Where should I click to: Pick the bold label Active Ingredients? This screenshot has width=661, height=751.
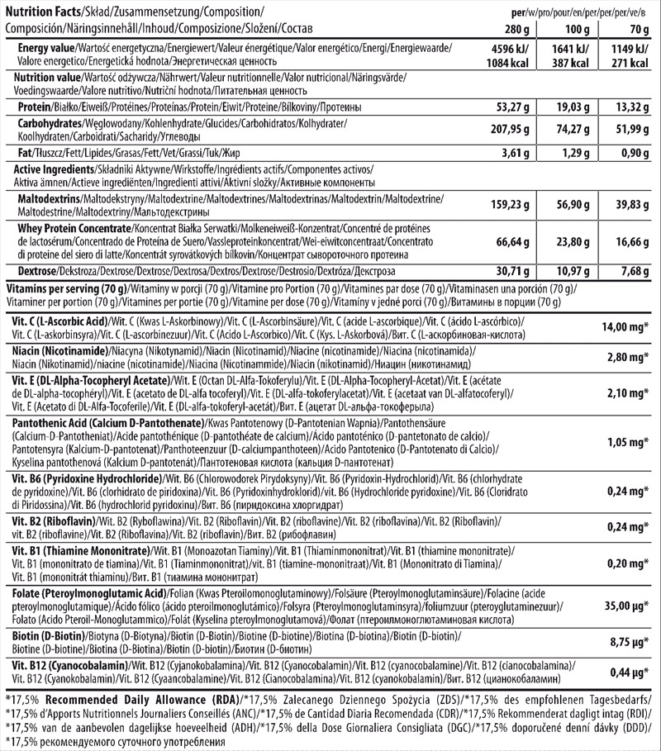pyautogui.click(x=50, y=169)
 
